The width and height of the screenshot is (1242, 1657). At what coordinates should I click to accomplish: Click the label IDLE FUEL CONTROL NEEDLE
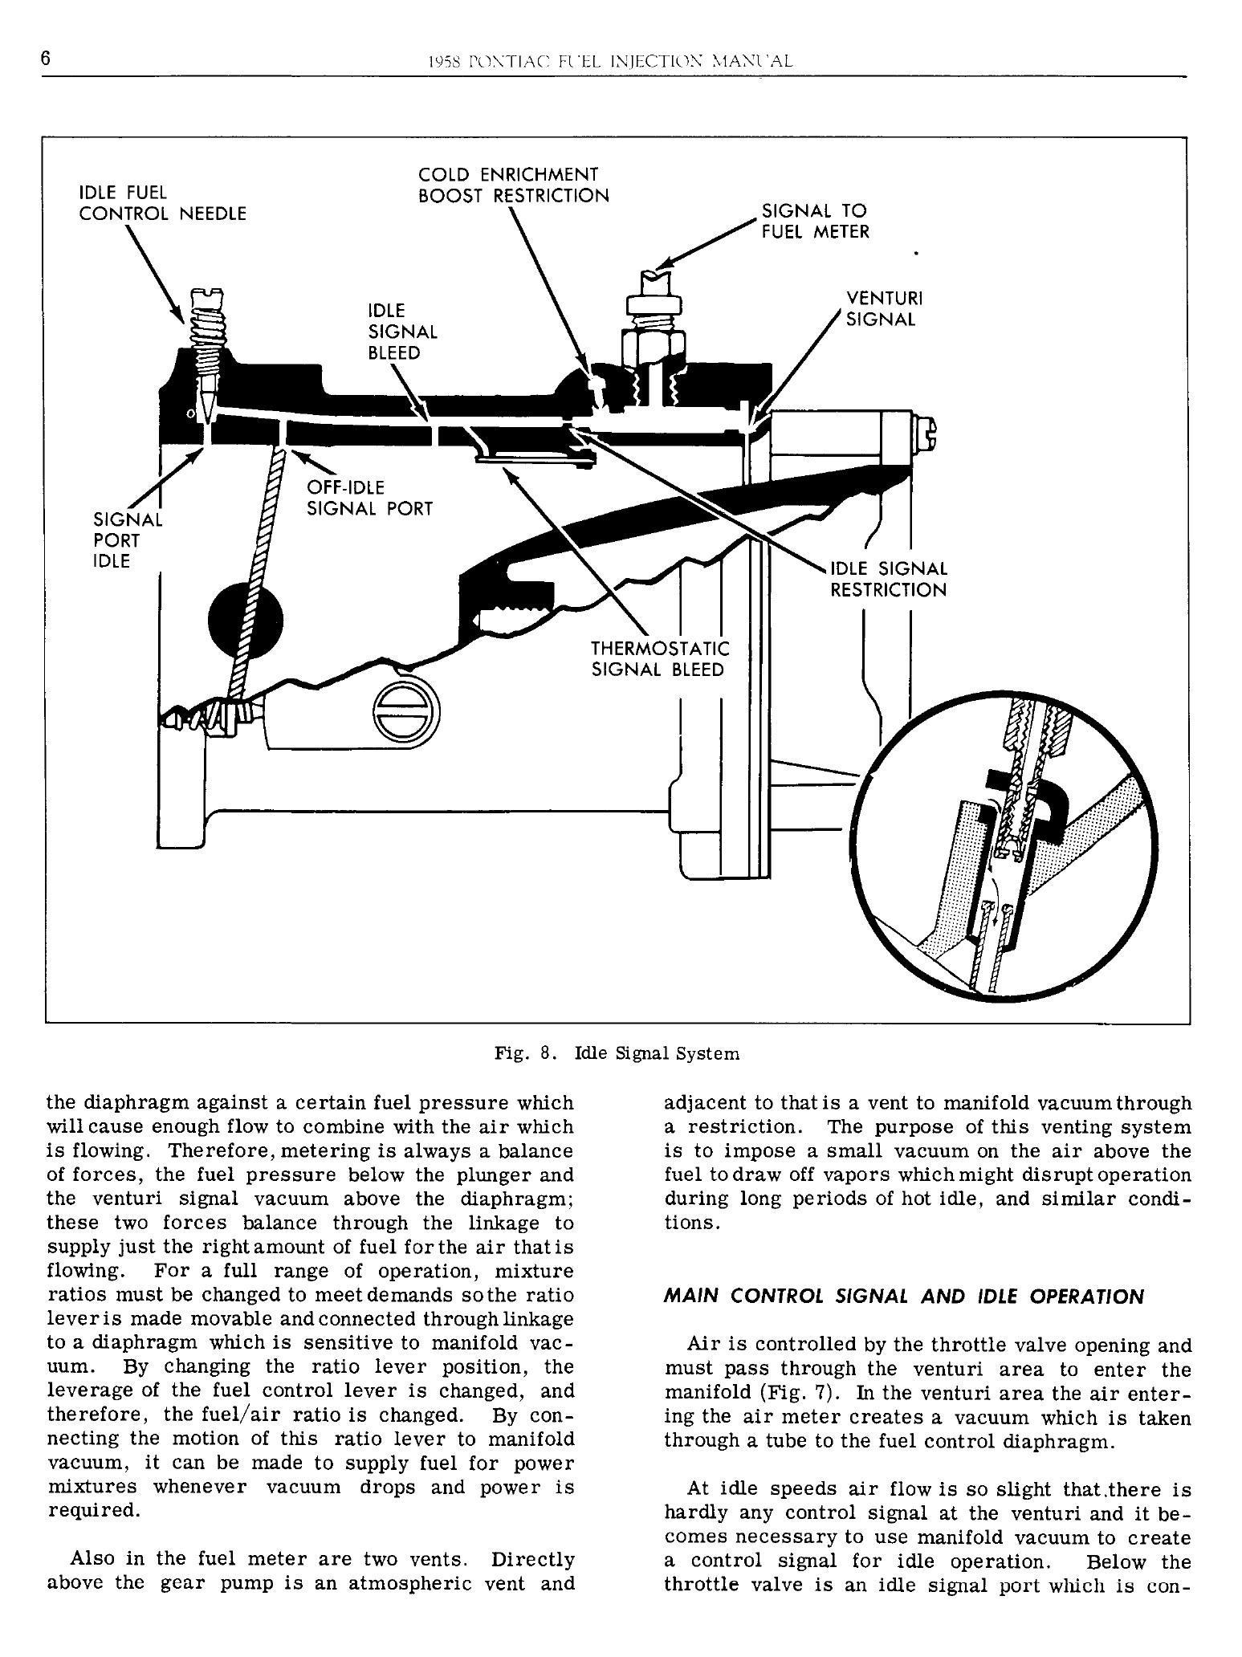[x=162, y=203]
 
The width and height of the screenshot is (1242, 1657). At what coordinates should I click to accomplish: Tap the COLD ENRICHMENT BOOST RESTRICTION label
[x=514, y=185]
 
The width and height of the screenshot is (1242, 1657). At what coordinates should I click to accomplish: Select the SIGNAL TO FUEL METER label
[x=814, y=222]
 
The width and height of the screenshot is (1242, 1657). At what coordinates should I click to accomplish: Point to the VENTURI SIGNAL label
[x=880, y=309]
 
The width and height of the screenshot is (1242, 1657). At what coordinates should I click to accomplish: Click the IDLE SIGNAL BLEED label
[x=402, y=332]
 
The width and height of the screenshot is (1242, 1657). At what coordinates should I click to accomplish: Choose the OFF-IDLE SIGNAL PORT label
[x=370, y=499]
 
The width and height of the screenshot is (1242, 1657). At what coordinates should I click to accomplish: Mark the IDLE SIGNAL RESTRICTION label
[x=888, y=580]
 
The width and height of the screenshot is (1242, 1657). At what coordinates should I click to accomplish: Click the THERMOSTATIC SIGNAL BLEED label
[x=660, y=658]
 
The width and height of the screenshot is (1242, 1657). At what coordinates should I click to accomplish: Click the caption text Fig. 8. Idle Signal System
[x=617, y=1053]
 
